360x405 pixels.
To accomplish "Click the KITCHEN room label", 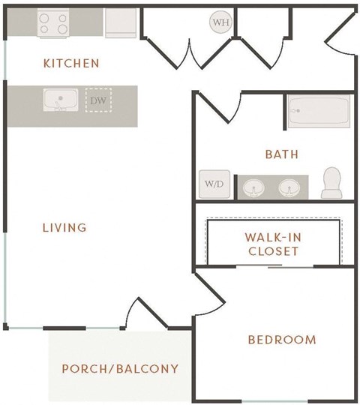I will (72, 63).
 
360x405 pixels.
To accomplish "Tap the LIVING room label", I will (64, 226).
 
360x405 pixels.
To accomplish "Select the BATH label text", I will (282, 154).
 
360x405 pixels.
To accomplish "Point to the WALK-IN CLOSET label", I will (274, 243).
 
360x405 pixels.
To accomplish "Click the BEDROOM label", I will (282, 340).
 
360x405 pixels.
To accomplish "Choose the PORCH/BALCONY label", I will (120, 368).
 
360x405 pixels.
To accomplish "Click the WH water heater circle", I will (220, 22).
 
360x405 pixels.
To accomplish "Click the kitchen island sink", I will (56, 100).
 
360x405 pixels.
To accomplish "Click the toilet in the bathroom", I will (331, 182).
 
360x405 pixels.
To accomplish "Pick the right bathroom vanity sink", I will (290, 186).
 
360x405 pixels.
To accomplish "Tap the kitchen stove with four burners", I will (54, 22).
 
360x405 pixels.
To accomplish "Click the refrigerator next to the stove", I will (119, 23).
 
